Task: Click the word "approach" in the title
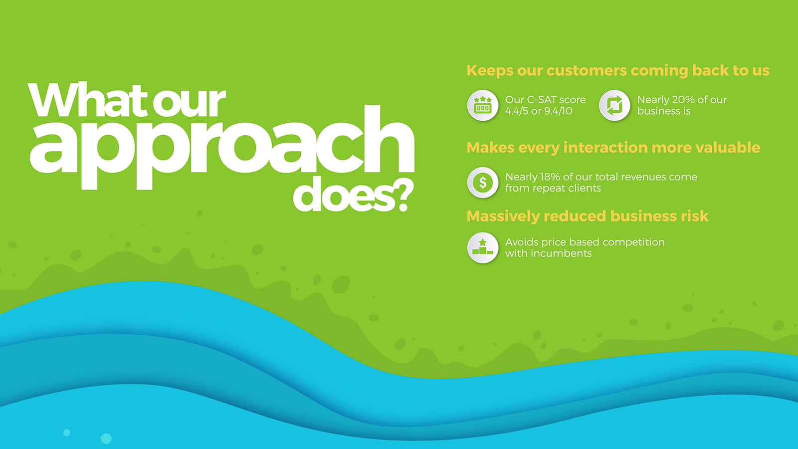pos(221,147)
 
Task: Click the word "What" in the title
pos(87,99)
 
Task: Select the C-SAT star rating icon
pos(483,105)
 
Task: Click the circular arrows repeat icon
pos(614,105)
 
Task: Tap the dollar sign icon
pos(483,183)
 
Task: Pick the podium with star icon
pos(483,247)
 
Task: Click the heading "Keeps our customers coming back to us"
pos(618,70)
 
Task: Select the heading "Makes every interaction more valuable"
pos(613,148)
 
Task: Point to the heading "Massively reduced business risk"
pos(588,216)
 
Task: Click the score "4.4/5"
pos(517,111)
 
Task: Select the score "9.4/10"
pos(557,111)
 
